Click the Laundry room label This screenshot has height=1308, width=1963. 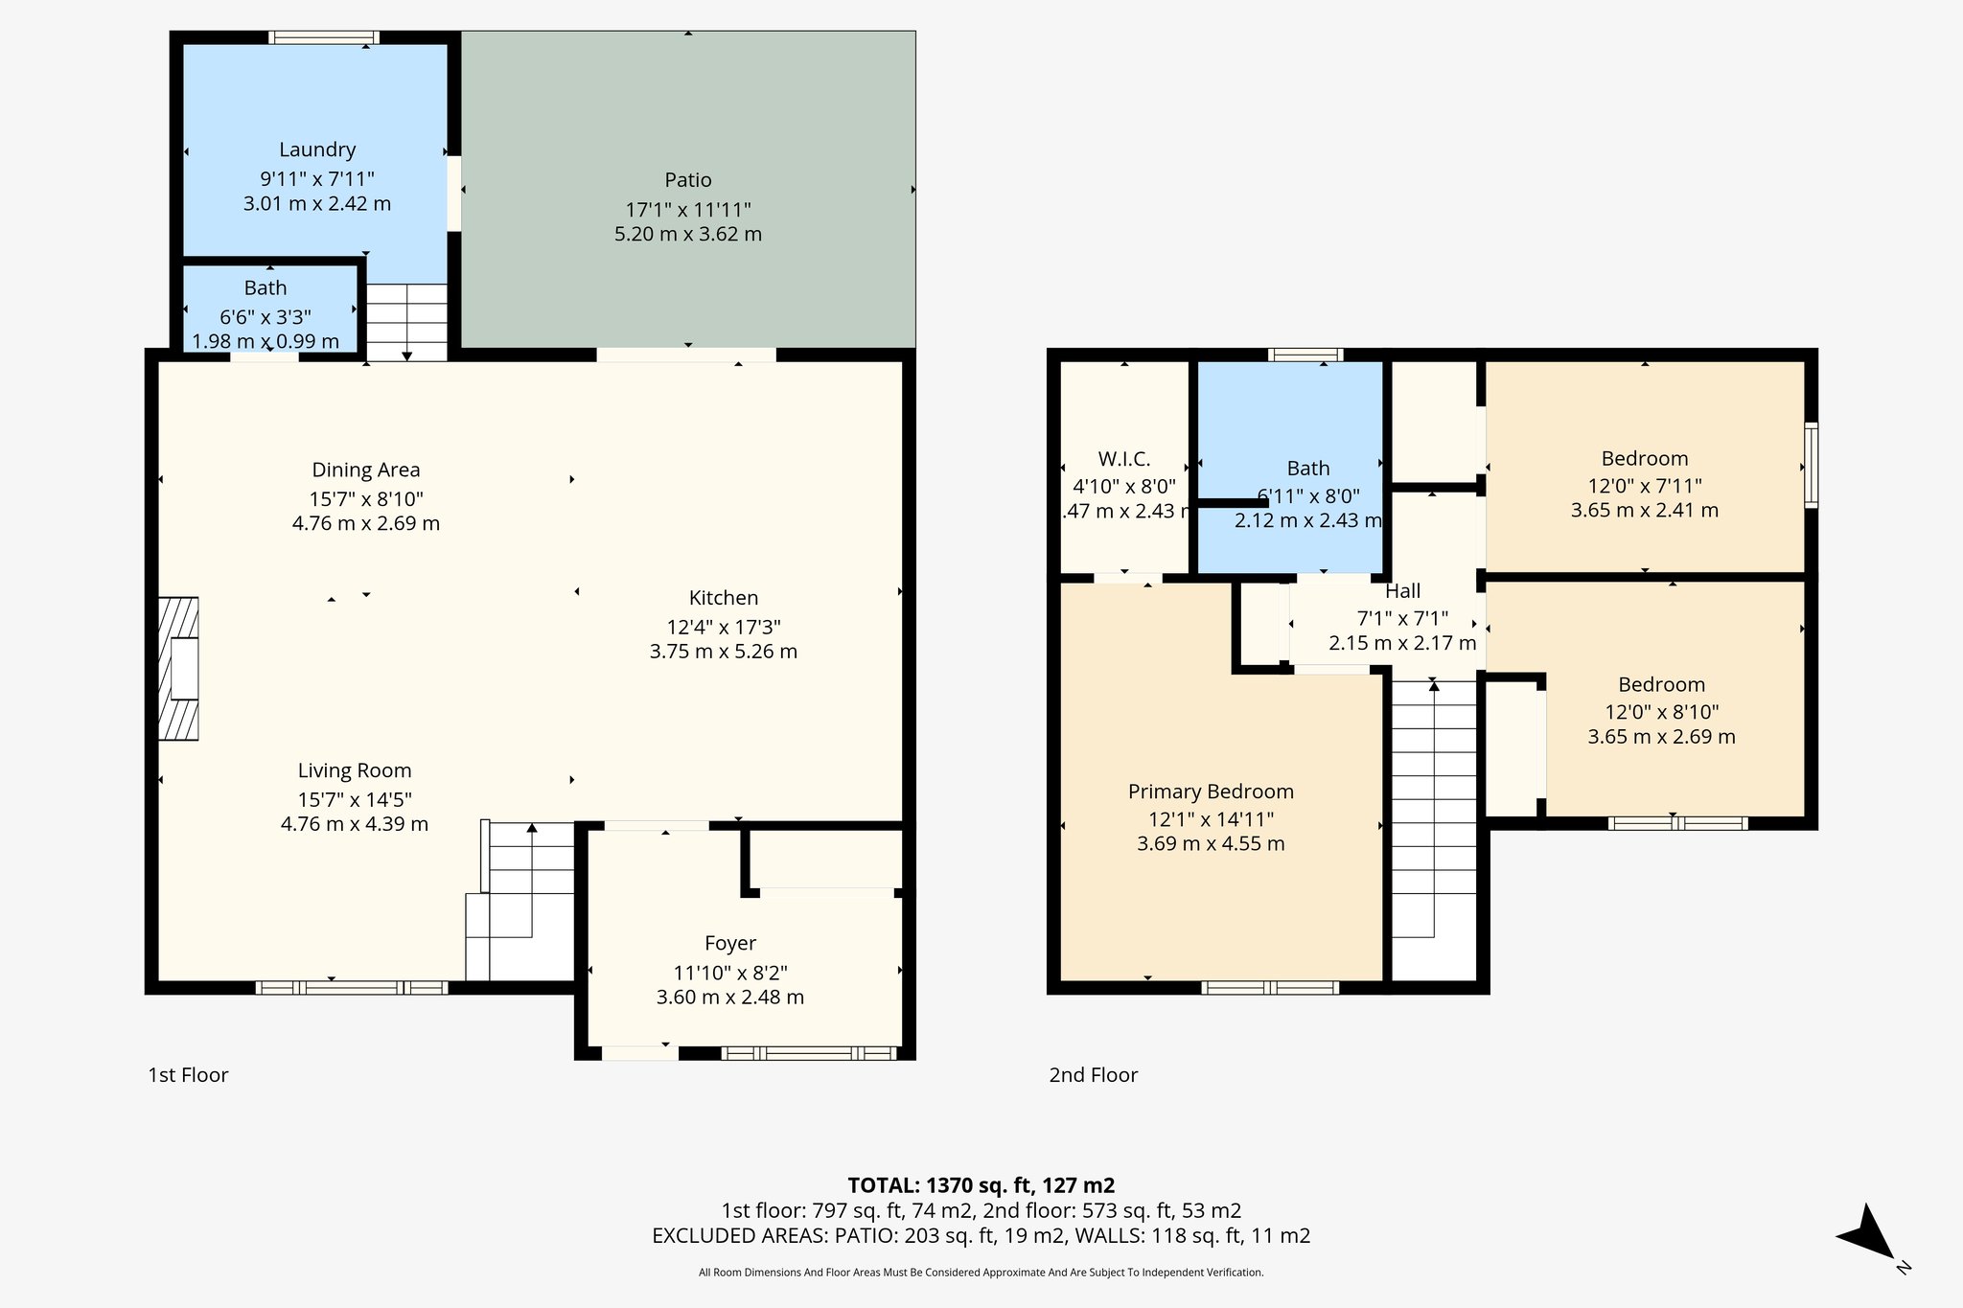pyautogui.click(x=317, y=149)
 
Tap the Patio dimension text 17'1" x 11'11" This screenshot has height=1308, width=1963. pyautogui.click(x=687, y=209)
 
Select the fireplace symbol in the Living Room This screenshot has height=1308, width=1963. pyautogui.click(x=179, y=669)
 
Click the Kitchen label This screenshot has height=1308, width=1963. pyautogui.click(x=724, y=598)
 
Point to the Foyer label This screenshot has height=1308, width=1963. pyautogui.click(x=730, y=944)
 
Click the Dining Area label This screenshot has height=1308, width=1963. pyautogui.click(x=366, y=470)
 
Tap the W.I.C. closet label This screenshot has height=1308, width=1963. pyautogui.click(x=1124, y=459)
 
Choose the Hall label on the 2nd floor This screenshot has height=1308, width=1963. pyautogui.click(x=1402, y=591)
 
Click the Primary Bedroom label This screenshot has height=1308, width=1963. pyautogui.click(x=1211, y=792)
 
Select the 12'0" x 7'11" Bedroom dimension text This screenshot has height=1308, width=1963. pyautogui.click(x=1645, y=485)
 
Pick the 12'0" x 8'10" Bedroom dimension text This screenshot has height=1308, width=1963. pyautogui.click(x=1662, y=712)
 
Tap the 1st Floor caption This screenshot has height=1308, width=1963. pyautogui.click(x=188, y=1075)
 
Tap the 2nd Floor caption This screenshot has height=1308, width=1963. pyautogui.click(x=1093, y=1075)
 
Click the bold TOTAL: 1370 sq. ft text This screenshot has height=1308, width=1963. pyautogui.click(x=981, y=1185)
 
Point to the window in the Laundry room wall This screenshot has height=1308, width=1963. pyautogui.click(x=324, y=37)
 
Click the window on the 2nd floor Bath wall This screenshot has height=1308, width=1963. pyautogui.click(x=1305, y=355)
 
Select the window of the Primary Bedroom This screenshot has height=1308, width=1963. pyautogui.click(x=1270, y=987)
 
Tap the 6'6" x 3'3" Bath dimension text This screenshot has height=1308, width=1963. pyautogui.click(x=266, y=316)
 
